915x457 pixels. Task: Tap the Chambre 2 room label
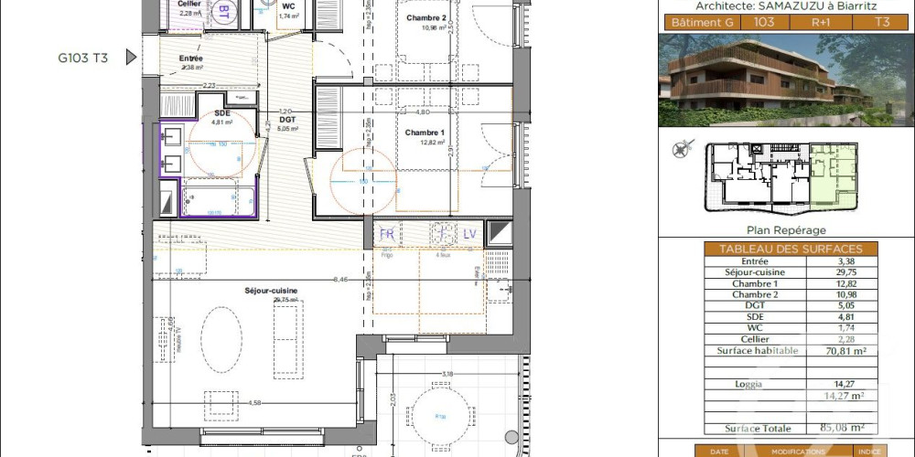pyautogui.click(x=425, y=18)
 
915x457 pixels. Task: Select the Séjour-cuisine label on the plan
pyautogui.click(x=271, y=291)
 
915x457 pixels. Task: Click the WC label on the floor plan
pyautogui.click(x=288, y=6)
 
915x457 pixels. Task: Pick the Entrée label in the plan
pyautogui.click(x=191, y=58)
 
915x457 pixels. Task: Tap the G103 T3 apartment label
pyautogui.click(x=82, y=58)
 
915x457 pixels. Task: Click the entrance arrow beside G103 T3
pyautogui.click(x=131, y=58)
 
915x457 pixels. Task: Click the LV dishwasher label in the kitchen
pyautogui.click(x=469, y=234)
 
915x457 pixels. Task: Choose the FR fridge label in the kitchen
pyautogui.click(x=387, y=234)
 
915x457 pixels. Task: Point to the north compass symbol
pyautogui.click(x=680, y=148)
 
